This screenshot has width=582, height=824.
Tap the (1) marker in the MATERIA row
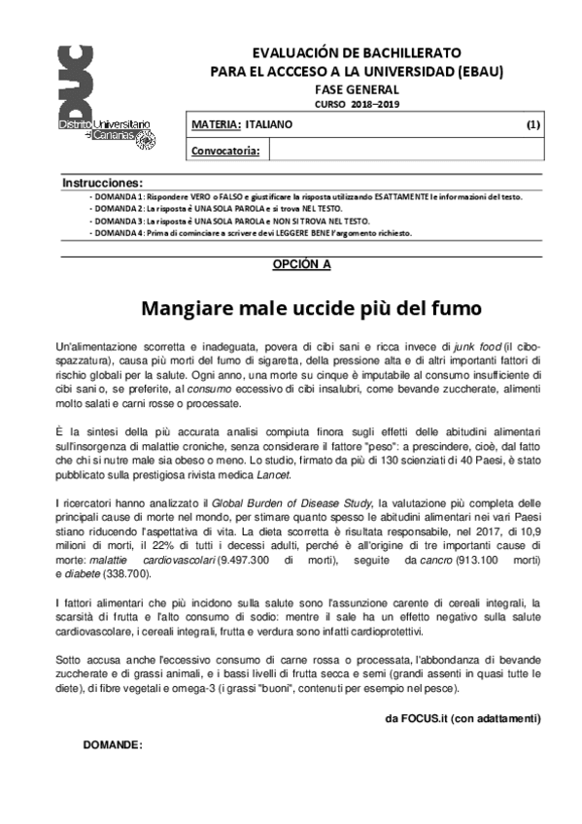coord(533,125)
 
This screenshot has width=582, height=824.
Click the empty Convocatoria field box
coord(406,150)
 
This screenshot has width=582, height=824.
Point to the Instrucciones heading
coord(102,183)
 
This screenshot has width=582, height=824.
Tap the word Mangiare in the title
coord(186,309)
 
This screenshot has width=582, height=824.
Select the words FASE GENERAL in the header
coord(357,87)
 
